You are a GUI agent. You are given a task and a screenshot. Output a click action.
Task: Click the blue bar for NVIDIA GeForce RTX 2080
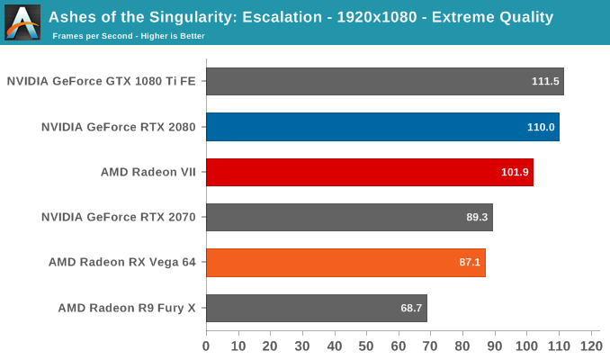coord(382,127)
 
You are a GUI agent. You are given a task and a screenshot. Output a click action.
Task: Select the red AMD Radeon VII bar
coord(369,172)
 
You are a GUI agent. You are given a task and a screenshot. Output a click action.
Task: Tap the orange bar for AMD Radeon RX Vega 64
coord(345,263)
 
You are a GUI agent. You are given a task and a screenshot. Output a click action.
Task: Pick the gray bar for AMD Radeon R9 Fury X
coord(316,308)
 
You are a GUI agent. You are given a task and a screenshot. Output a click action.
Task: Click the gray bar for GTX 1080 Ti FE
coord(384,81)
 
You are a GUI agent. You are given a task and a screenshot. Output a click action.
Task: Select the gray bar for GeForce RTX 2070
coord(349,217)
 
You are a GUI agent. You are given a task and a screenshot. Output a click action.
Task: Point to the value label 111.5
coord(545,81)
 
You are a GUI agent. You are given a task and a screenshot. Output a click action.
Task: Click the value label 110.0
coord(541,127)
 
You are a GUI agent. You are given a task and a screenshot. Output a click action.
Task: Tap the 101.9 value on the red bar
coord(515,172)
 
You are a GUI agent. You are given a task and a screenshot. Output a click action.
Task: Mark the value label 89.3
coord(475,217)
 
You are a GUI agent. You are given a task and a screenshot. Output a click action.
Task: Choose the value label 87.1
coord(468,263)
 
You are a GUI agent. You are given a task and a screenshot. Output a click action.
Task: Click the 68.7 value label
coord(410,308)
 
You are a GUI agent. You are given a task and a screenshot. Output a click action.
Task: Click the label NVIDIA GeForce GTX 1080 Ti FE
coord(102,81)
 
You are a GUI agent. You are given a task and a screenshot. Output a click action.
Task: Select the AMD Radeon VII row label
coord(148,172)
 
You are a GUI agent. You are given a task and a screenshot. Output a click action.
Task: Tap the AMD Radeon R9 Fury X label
coord(127,308)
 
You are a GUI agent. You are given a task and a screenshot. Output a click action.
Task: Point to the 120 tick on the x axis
coord(590,346)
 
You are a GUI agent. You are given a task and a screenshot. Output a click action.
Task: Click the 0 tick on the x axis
coord(206,346)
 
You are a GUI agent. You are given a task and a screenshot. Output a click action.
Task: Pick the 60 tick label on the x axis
coord(399,346)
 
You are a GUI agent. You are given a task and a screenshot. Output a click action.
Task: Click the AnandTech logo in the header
coord(22,22)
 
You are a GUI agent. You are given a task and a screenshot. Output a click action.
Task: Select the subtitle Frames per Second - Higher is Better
coord(129,36)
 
